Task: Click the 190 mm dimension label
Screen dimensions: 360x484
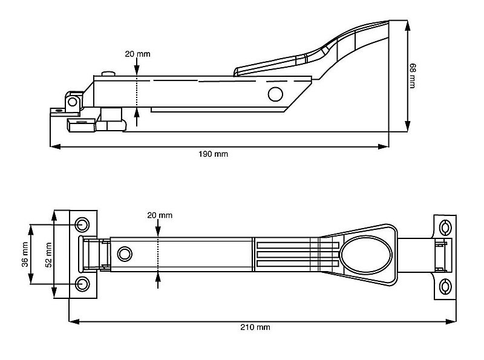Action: [x=214, y=154]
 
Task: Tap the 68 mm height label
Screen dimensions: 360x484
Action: [x=412, y=76]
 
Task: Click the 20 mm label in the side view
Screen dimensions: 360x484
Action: [x=137, y=54]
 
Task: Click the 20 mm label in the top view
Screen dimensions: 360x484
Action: [x=160, y=215]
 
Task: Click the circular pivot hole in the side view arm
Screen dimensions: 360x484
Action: [x=275, y=94]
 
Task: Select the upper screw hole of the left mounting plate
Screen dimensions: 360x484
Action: [x=82, y=225]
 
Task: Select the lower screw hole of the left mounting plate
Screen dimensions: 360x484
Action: [x=82, y=283]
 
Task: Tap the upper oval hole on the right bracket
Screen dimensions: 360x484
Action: [x=446, y=227]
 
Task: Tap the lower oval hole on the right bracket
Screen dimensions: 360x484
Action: [x=446, y=286]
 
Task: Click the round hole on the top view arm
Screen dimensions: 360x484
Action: [x=125, y=253]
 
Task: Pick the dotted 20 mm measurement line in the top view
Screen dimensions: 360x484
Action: [x=158, y=255]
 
